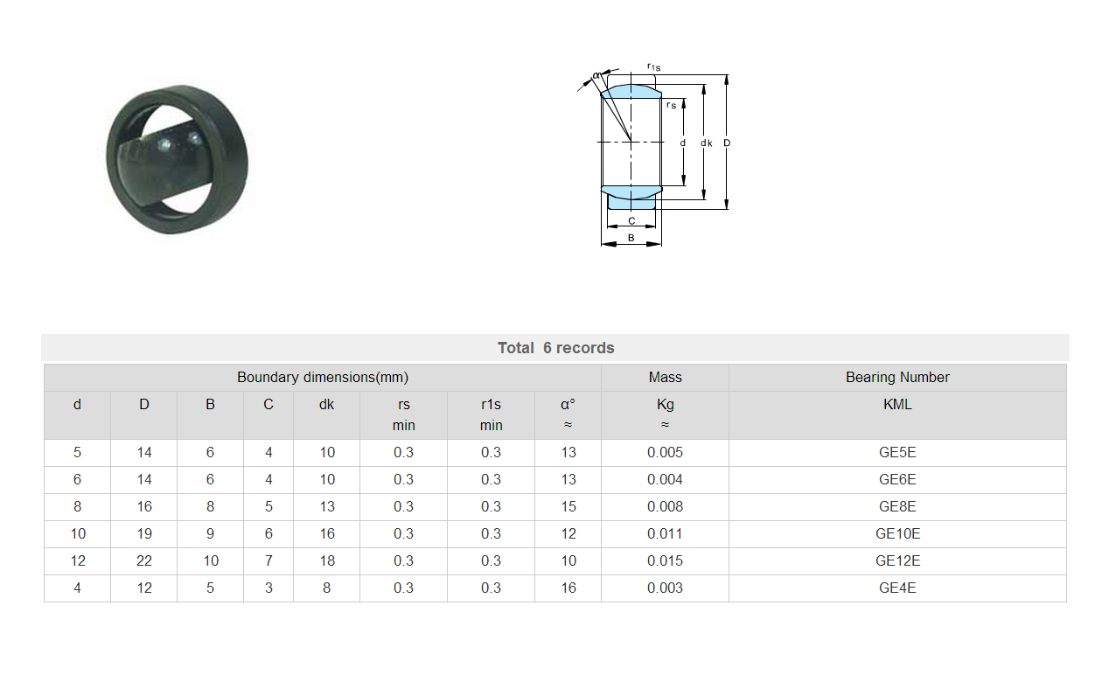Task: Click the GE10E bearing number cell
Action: pyautogui.click(x=897, y=533)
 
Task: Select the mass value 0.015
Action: pyautogui.click(x=665, y=560)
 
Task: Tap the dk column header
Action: pyautogui.click(x=326, y=404)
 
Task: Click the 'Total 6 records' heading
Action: pyautogui.click(x=556, y=347)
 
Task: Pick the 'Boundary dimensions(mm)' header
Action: pyautogui.click(x=323, y=377)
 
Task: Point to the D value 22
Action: pyautogui.click(x=144, y=560)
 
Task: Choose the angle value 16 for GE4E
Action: pyautogui.click(x=568, y=588)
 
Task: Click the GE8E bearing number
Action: pyautogui.click(x=897, y=506)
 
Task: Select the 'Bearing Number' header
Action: pyautogui.click(x=897, y=377)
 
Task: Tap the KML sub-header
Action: pyautogui.click(x=897, y=404)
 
